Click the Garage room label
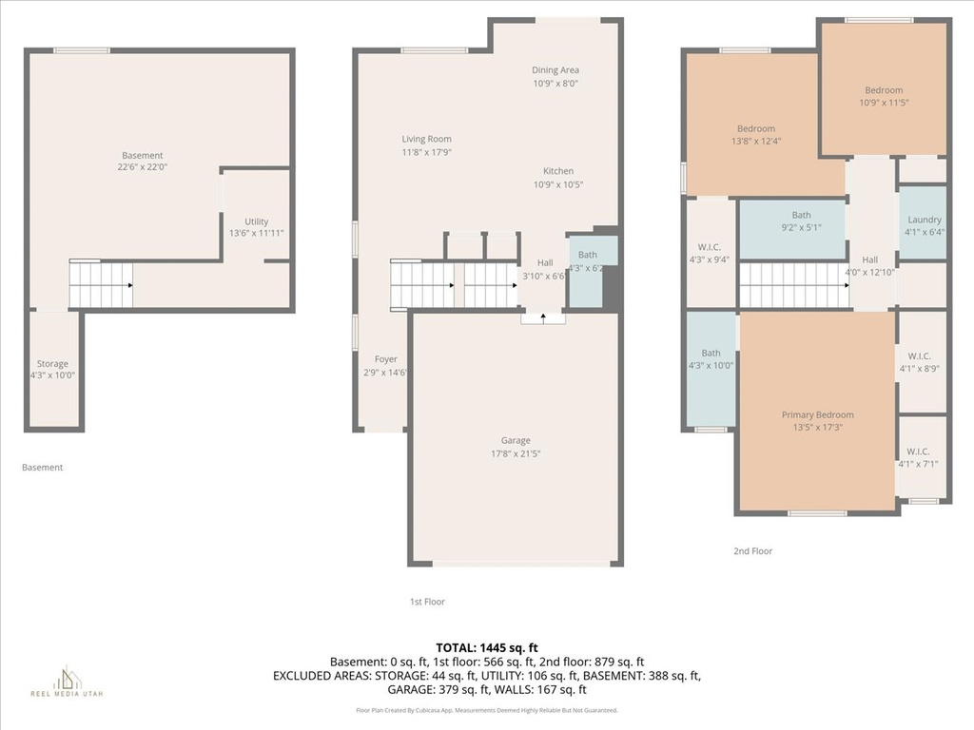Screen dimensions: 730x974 (516, 440)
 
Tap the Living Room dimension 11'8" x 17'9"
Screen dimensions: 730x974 (426, 152)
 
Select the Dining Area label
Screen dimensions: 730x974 (555, 69)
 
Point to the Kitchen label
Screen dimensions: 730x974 (558, 171)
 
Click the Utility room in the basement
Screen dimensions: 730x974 (256, 226)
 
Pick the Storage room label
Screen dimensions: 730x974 (53, 364)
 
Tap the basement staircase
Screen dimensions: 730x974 (101, 285)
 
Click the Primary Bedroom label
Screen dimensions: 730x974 (817, 414)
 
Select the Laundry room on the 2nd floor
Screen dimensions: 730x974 (923, 225)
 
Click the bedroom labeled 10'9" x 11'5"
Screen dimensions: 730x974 (884, 96)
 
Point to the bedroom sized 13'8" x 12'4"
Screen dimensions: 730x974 (756, 134)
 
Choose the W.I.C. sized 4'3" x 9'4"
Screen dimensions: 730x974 (709, 253)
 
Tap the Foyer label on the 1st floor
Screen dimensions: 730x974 (385, 365)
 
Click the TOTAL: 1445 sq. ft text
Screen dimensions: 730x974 (487, 647)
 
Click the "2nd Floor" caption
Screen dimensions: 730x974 (752, 550)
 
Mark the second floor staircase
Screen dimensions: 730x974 (793, 285)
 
